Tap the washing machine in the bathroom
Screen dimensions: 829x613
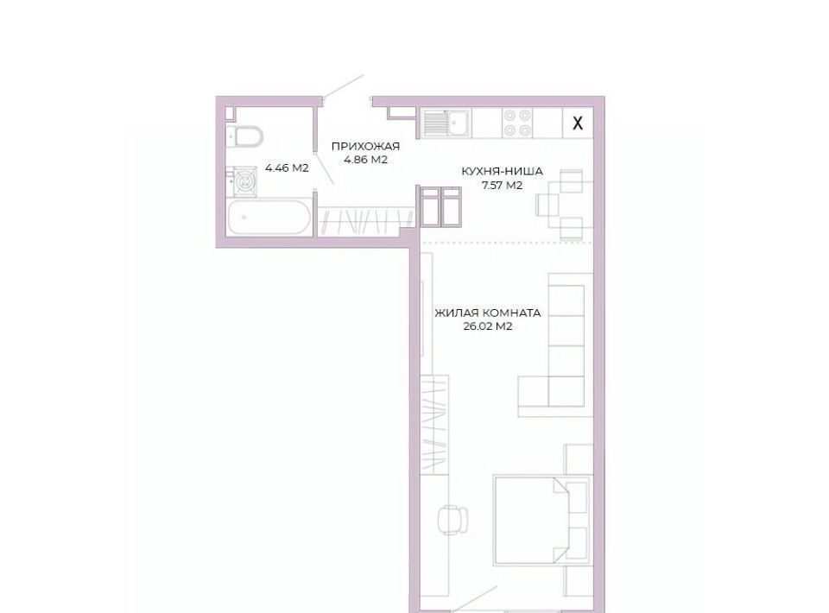[x=243, y=182]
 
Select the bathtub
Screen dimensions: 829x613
[x=269, y=217]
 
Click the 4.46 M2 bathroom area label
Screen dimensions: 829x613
[x=287, y=168]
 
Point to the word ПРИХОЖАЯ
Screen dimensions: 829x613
[x=365, y=147]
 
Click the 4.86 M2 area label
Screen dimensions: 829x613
[x=365, y=160]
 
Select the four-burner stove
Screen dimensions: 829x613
[x=517, y=123]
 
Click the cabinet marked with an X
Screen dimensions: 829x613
[x=578, y=123]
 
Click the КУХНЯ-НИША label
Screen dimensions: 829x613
[x=502, y=172]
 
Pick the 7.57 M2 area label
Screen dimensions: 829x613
[x=502, y=185]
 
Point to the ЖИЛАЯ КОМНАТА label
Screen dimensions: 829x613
[x=487, y=313]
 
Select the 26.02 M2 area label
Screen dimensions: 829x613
[x=487, y=326]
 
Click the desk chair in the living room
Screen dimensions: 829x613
[x=453, y=518]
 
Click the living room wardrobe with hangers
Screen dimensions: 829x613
[x=434, y=424]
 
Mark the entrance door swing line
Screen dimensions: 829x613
[x=344, y=85]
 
